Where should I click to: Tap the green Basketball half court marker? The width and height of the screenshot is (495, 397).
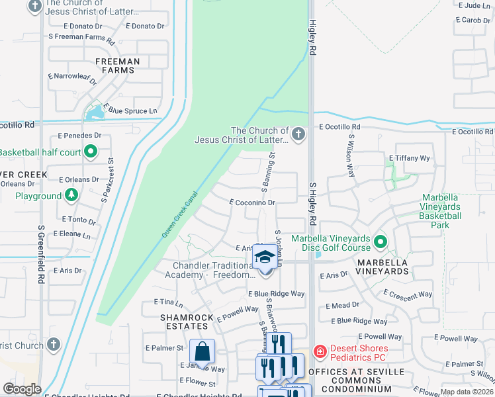[x=91, y=153]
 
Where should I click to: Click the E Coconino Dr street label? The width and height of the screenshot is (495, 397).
[x=251, y=203]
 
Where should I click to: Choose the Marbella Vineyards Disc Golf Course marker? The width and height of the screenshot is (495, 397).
[x=380, y=243]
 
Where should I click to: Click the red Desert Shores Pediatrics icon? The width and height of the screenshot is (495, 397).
[x=320, y=350]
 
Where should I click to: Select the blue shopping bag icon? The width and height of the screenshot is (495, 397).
[x=202, y=351]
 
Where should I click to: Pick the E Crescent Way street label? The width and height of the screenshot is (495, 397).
[x=408, y=294]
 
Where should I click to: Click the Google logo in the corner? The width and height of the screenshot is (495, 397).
[x=22, y=389]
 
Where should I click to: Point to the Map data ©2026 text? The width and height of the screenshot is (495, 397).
[x=466, y=392]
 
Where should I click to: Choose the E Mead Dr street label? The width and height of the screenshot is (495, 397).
[x=342, y=306]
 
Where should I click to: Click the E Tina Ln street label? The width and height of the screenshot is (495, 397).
[x=167, y=302]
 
